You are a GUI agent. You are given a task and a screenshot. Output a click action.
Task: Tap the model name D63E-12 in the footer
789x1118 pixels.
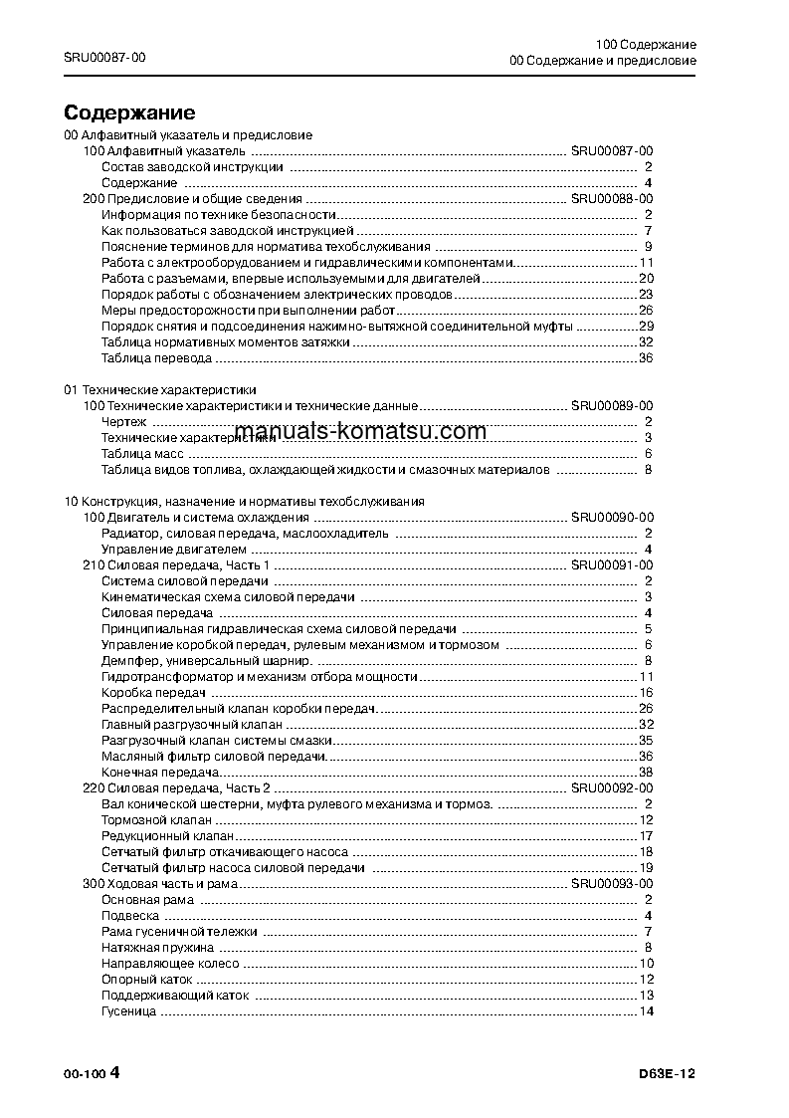click(668, 1072)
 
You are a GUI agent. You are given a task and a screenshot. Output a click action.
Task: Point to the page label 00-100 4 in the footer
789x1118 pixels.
click(92, 1072)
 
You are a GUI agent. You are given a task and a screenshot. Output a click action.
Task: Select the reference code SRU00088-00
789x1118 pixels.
click(611, 199)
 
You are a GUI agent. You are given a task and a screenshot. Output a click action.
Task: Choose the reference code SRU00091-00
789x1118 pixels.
click(611, 565)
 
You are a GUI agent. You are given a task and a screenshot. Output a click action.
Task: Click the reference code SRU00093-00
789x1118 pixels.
click(611, 883)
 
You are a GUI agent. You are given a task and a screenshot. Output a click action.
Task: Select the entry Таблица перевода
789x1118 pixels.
click(142, 358)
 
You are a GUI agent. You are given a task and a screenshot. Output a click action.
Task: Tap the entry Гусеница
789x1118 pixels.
click(128, 1011)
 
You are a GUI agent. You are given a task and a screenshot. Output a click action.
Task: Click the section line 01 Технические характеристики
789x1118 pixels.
click(159, 390)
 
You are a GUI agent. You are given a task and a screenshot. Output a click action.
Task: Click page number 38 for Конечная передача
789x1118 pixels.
click(645, 772)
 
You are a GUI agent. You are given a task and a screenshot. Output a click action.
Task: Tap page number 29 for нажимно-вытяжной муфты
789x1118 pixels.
click(645, 327)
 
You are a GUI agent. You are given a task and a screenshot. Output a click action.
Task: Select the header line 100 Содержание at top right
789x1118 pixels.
click(646, 46)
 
